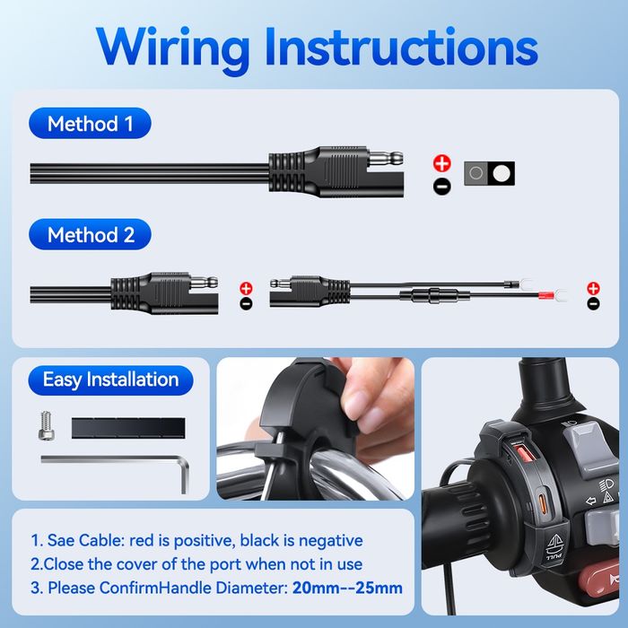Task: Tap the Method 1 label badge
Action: click(x=90, y=124)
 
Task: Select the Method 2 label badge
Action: click(x=90, y=234)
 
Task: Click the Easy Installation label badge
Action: click(x=110, y=379)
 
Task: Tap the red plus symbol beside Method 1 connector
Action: click(x=442, y=163)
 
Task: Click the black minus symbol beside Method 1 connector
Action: click(x=442, y=187)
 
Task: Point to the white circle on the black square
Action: click(x=502, y=173)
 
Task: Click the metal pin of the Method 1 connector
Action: click(x=385, y=159)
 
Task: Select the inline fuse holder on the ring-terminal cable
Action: click(x=434, y=296)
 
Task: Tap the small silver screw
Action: click(x=47, y=426)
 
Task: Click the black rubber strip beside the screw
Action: click(x=128, y=428)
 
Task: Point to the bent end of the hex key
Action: click(x=184, y=476)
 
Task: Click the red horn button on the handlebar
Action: click(x=598, y=578)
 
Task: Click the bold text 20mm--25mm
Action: click(x=347, y=588)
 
